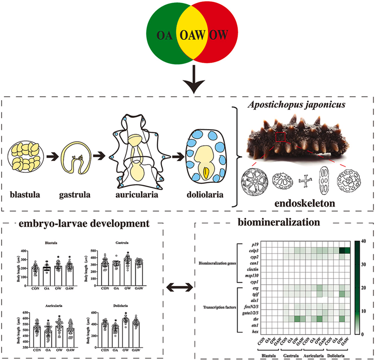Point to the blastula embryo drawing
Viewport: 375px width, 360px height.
(26, 160)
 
